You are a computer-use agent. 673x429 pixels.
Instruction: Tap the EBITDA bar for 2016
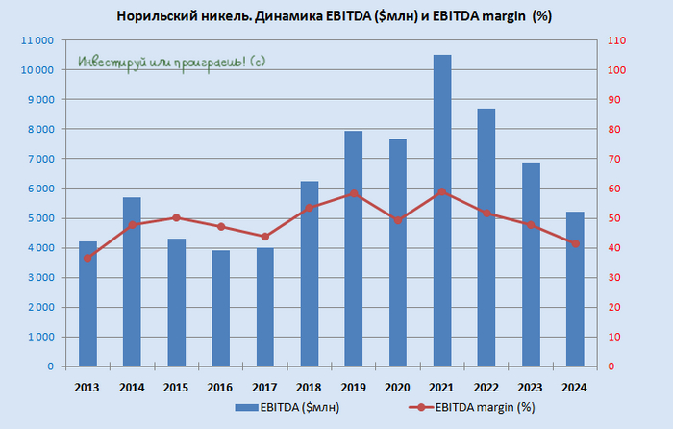point(221,308)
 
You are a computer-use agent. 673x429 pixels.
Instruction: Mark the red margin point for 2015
point(177,217)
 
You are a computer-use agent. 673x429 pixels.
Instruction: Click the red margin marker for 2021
point(442,191)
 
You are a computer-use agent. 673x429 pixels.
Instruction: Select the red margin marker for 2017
point(265,237)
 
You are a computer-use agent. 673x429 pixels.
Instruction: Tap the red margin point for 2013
point(88,258)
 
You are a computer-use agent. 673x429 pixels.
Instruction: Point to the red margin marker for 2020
point(398,220)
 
